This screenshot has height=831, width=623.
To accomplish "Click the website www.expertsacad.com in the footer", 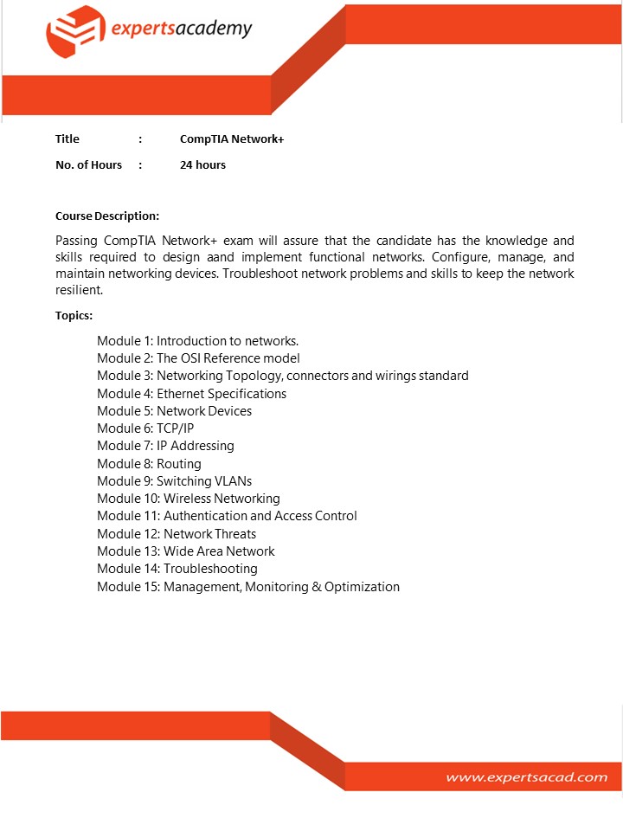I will pos(526,776).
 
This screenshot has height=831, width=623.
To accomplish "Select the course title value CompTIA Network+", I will pos(232,138).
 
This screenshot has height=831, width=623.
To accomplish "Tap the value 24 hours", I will pos(202,164).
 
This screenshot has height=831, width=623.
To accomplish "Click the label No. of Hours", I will pos(88,164).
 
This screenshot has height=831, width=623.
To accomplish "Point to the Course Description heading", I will pos(107,216).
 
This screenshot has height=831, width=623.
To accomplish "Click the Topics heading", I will pos(74,315).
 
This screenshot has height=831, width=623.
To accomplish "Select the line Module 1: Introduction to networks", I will pos(197,340).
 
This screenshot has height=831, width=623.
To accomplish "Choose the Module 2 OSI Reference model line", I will pos(198,358).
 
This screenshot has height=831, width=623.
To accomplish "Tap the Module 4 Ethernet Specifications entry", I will pos(191,393).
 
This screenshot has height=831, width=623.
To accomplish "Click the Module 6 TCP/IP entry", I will pos(145,428).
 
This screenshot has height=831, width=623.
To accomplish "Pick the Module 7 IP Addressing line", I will pos(165,446).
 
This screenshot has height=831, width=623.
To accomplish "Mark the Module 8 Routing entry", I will pos(149,464).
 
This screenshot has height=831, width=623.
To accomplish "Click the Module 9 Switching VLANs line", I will pos(174,481).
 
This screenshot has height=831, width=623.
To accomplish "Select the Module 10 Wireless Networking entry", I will pos(188,499).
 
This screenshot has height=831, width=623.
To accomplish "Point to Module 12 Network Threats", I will pos(177,534).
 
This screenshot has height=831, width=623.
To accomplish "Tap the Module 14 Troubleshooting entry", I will pos(177,569).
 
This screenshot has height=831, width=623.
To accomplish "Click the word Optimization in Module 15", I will pos(362,587).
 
